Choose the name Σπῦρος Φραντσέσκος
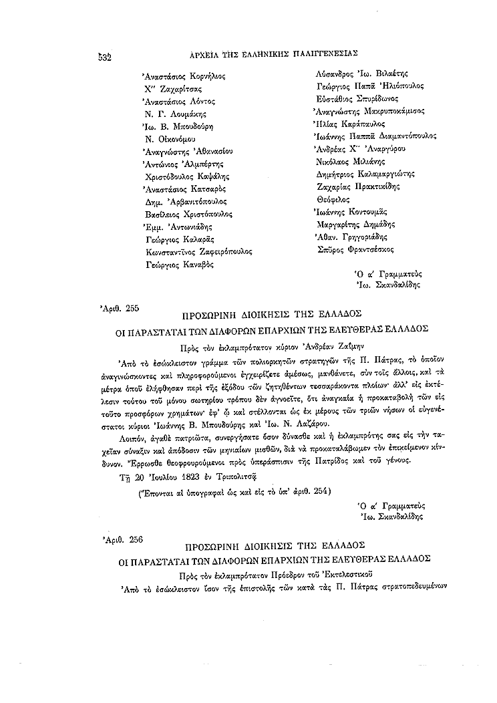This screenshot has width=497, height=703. click(x=355, y=249)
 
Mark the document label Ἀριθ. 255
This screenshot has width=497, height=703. click(x=120, y=308)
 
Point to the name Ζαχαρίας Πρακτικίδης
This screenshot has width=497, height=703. click(x=357, y=186)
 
